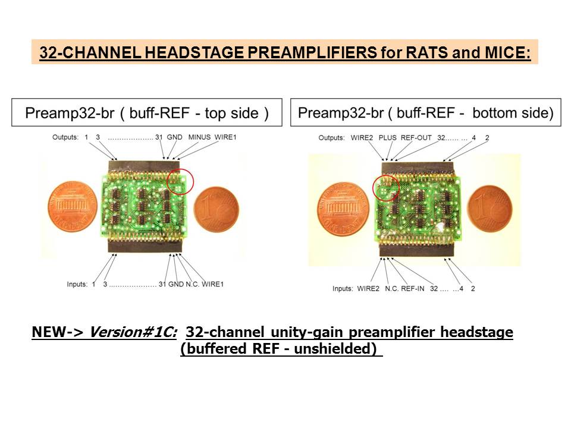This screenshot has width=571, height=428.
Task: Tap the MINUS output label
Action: click(x=199, y=137)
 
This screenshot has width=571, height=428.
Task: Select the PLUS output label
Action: click(x=387, y=138)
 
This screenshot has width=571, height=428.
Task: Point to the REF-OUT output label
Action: click(x=416, y=138)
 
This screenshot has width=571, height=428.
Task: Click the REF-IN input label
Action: click(x=413, y=289)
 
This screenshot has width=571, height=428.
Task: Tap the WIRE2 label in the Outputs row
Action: click(x=362, y=138)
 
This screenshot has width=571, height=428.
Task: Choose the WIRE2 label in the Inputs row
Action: click(x=368, y=289)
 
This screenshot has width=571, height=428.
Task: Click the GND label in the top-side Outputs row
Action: click(x=174, y=137)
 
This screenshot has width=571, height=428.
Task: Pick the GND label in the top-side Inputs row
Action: click(x=176, y=284)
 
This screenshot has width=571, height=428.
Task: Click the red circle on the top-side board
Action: click(x=180, y=169)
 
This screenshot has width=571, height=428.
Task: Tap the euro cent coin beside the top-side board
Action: click(x=217, y=210)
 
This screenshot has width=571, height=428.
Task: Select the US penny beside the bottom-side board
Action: click(x=343, y=209)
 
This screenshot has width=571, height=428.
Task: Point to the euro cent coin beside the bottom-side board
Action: click(x=490, y=209)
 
